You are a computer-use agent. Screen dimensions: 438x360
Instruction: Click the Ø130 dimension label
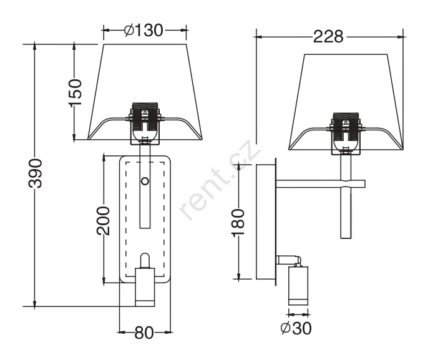(x=144, y=30)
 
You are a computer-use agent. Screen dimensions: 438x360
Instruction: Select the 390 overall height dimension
(x=36, y=173)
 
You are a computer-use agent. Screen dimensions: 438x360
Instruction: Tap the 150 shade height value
(x=75, y=93)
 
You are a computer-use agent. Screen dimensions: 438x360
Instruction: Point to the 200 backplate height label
(x=103, y=221)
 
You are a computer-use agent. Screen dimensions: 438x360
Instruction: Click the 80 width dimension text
(x=144, y=333)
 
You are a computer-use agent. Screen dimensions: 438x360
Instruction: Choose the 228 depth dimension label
(x=328, y=37)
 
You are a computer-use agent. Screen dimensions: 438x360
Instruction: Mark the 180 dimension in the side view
(x=238, y=223)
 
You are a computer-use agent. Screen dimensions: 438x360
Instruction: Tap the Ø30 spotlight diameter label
(x=296, y=328)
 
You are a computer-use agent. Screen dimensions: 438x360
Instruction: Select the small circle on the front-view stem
(x=145, y=182)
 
